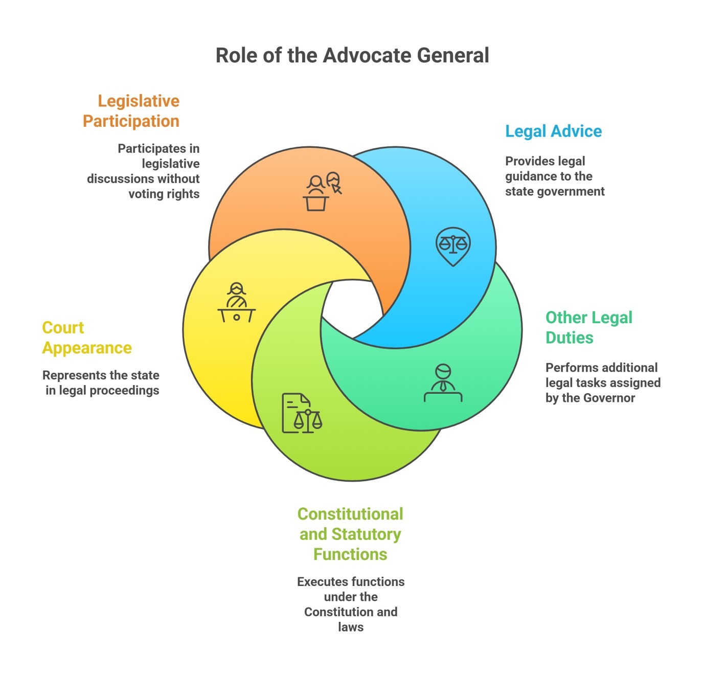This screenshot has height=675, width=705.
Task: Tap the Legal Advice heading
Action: [553, 131]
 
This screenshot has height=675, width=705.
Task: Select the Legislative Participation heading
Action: [131, 111]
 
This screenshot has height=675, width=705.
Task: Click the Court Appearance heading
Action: [86, 337]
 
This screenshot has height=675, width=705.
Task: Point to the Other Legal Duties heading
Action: [588, 327]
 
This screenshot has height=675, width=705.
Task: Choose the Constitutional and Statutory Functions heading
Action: [350, 534]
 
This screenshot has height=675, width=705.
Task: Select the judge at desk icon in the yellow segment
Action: [237, 302]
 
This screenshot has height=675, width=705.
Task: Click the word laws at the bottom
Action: [351, 627]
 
